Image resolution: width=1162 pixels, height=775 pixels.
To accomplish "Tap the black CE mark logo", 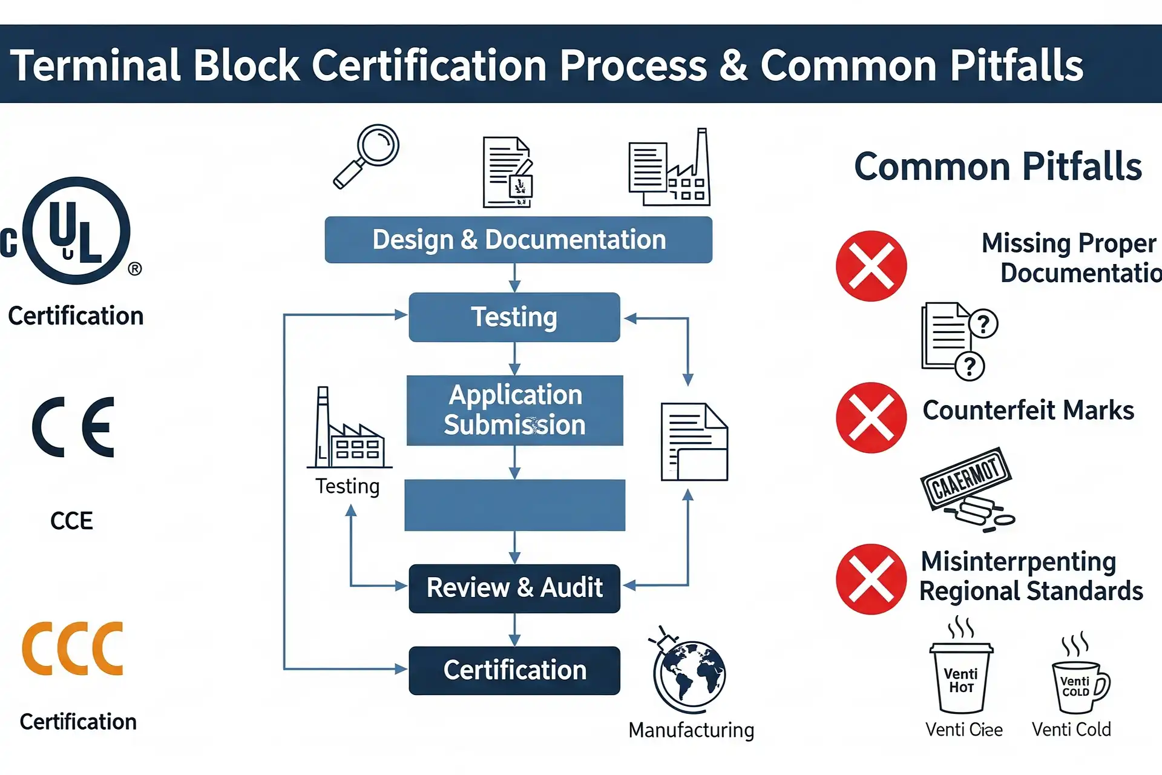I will click(73, 427).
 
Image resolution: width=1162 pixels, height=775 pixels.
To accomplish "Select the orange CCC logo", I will click(73, 648).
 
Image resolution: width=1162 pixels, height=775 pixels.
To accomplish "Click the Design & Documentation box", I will click(518, 240).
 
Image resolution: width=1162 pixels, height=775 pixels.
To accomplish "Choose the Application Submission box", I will click(514, 410).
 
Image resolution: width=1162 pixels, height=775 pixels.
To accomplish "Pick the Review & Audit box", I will click(514, 588).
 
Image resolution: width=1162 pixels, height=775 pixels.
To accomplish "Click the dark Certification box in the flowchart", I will click(514, 670).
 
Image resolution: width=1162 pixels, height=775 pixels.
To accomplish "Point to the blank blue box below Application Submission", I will click(514, 505).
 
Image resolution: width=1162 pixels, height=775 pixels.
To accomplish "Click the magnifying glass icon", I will click(367, 156).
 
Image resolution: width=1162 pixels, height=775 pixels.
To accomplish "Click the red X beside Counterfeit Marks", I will click(871, 418).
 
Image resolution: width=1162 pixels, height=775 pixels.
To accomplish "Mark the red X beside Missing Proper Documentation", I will click(871, 266).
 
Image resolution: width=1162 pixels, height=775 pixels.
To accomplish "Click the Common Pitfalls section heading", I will click(997, 167).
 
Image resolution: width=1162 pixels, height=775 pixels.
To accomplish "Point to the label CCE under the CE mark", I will click(71, 521).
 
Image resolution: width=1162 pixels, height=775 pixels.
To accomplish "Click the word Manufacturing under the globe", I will click(691, 730).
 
